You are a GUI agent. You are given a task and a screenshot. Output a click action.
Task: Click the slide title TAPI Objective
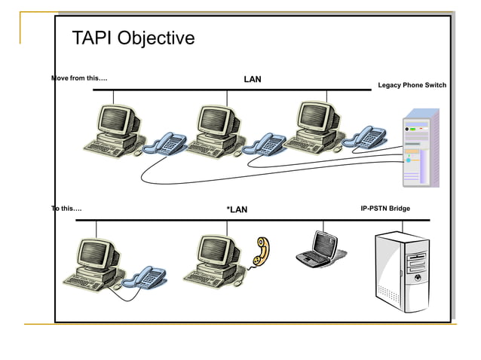point(133,38)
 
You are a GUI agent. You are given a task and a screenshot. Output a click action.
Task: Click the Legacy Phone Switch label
point(412,85)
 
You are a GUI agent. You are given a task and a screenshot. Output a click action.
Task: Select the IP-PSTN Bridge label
point(385,208)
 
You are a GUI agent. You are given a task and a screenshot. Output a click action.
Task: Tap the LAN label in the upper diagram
point(253,79)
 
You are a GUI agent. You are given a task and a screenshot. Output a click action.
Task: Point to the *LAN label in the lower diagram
point(237,209)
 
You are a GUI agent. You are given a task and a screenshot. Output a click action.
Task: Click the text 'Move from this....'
point(79,78)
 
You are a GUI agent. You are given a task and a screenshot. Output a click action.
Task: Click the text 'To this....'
point(66,208)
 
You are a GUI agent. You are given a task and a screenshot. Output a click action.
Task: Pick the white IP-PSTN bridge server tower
point(403,274)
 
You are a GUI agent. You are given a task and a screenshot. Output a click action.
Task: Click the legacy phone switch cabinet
point(420,148)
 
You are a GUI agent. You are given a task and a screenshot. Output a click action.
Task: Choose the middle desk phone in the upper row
point(265,143)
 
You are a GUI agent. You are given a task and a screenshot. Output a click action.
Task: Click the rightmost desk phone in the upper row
point(365,137)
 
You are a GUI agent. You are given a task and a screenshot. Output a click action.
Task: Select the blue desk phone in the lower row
point(145,277)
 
